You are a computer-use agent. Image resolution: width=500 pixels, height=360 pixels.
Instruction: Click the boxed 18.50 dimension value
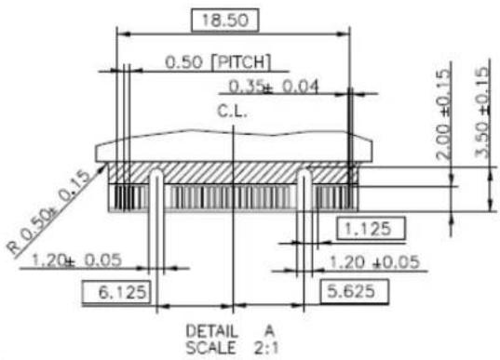coord(224,20)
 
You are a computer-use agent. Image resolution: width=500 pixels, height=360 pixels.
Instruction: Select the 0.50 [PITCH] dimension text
coord(218,61)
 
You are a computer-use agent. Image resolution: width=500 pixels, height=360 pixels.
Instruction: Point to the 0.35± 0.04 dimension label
coord(274,87)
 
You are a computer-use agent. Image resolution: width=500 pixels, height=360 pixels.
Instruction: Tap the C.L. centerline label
coord(232,112)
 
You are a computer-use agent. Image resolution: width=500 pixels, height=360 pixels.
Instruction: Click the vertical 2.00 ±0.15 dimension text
coord(443,114)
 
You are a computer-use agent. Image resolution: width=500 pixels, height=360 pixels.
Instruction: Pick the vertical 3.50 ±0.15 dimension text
coord(482,113)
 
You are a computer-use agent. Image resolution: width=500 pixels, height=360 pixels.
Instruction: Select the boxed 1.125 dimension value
coord(371,229)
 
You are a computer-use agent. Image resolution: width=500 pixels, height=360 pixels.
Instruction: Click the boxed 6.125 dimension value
coord(116,291)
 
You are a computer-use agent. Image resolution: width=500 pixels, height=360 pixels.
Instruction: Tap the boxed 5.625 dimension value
coord(354,291)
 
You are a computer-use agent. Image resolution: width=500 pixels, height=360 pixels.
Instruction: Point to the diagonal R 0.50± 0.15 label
coord(48,211)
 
